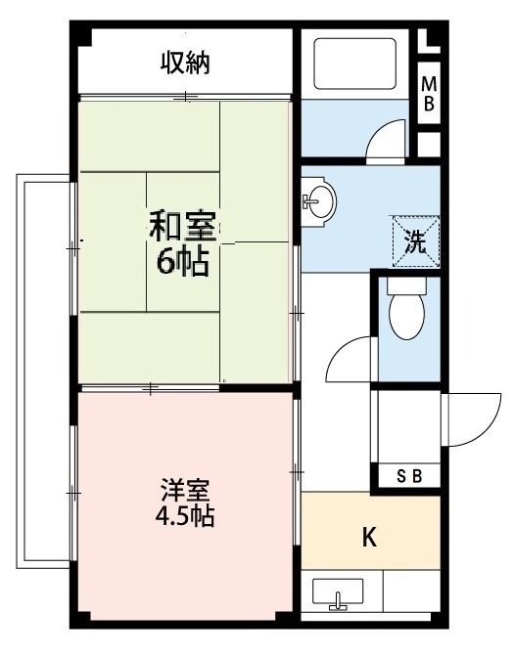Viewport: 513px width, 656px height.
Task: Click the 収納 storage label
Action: (x=186, y=64)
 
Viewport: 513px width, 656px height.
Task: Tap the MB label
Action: (x=428, y=96)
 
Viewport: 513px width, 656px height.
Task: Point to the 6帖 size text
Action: (x=182, y=262)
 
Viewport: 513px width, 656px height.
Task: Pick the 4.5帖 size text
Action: (x=184, y=515)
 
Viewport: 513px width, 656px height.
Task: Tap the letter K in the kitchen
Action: (x=370, y=537)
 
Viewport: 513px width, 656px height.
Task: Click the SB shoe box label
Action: (x=409, y=477)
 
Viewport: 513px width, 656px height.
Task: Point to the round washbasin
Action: (x=318, y=201)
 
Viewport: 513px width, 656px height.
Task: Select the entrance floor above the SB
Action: (x=406, y=425)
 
